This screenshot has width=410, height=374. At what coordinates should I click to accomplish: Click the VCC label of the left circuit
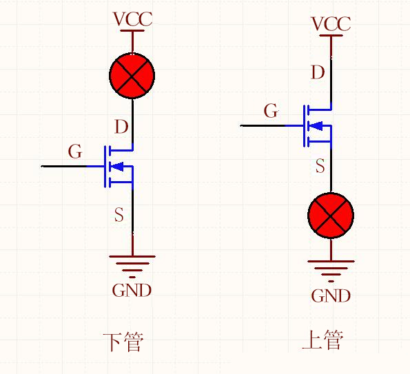(x=132, y=19)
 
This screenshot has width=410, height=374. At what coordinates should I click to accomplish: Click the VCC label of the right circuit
(x=331, y=24)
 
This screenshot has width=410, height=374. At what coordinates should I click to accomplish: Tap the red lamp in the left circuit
(x=132, y=76)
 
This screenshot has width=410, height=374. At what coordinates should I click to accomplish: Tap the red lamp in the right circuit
(x=331, y=216)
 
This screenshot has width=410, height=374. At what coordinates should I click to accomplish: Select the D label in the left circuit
(x=121, y=127)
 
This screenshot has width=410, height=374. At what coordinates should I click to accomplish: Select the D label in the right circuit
(x=318, y=72)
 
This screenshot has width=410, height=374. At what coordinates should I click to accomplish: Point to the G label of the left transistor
(x=75, y=152)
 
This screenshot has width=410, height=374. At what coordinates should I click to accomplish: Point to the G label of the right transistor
(x=271, y=110)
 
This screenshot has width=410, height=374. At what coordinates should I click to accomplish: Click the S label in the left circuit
(x=119, y=216)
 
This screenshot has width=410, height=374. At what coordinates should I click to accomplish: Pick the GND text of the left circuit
(x=132, y=290)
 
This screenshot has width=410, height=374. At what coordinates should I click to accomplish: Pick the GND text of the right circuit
(x=331, y=296)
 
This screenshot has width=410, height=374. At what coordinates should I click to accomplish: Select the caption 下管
(x=123, y=342)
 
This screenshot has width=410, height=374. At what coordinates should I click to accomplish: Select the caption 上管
(x=322, y=340)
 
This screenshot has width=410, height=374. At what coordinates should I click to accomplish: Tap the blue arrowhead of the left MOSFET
(x=116, y=166)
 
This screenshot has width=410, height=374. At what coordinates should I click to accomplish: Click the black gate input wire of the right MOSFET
(x=262, y=125)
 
